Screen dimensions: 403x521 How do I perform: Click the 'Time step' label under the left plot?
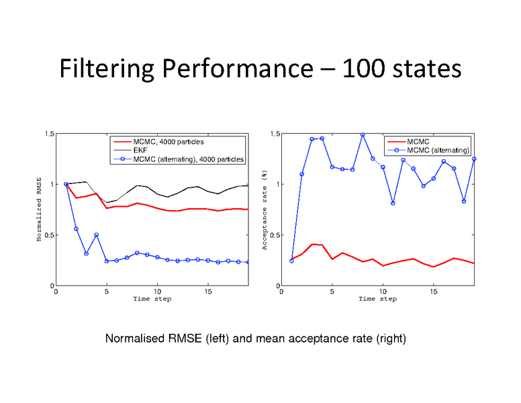coord(152,299)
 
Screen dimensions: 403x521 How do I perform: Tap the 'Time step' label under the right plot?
coord(377,299)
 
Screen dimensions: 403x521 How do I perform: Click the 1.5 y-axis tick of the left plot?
coord(49,134)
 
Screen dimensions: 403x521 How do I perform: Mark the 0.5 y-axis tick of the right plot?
coord(275,235)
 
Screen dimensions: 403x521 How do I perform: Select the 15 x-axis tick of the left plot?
coord(207,292)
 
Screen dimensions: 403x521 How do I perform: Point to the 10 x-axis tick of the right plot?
coord(383,292)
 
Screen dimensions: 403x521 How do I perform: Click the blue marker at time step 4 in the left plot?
coord(96,235)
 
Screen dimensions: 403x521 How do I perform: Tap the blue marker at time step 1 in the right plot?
coord(291,261)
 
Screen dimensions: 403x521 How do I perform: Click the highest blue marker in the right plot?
coord(363,134)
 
